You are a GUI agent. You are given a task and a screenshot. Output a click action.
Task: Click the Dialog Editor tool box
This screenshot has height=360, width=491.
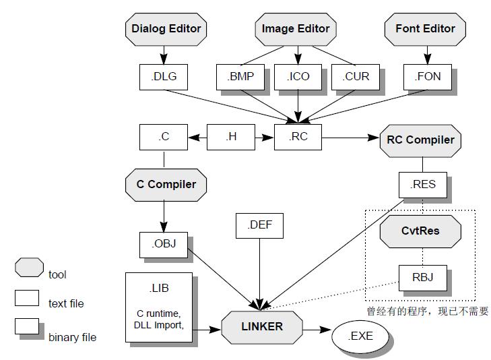coord(166,29)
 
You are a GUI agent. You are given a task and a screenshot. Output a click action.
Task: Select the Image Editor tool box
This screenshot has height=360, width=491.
coord(296,29)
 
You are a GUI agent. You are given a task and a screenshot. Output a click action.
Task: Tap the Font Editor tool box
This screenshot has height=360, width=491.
coord(425,29)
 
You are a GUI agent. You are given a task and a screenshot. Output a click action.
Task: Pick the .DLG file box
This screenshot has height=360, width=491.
coord(164,76)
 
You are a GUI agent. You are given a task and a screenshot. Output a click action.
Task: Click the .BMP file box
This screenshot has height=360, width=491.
coord(241,76)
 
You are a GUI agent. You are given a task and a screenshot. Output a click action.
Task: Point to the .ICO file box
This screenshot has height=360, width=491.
coord(298,76)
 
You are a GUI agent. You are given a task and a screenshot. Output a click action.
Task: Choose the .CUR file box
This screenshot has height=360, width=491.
coord(356,76)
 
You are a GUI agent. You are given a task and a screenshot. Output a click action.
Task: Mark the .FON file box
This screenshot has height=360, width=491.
coord(427,76)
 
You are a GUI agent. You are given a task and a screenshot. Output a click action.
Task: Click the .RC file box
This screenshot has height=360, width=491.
coord(298,137)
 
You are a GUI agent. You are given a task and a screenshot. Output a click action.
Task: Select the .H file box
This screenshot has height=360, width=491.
coord(231,137)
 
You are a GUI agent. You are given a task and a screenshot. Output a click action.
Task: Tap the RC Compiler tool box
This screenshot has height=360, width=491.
coord(421,140)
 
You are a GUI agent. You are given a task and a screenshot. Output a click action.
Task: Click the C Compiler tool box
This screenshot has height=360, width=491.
coord(166,184)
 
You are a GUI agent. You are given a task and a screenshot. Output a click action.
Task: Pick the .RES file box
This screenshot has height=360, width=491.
coord(422,184)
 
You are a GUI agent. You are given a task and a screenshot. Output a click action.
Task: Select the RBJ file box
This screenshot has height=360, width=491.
coord(422,276)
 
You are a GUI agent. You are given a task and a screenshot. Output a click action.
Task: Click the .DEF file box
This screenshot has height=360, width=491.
coord(260,225)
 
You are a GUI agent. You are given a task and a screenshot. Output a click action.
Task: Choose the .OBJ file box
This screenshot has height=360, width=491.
coord(164,244)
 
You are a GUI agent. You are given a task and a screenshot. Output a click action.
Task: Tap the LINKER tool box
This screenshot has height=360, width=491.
coord(262,327)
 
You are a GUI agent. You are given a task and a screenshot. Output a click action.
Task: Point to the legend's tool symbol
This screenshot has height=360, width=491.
coord(29,268)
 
